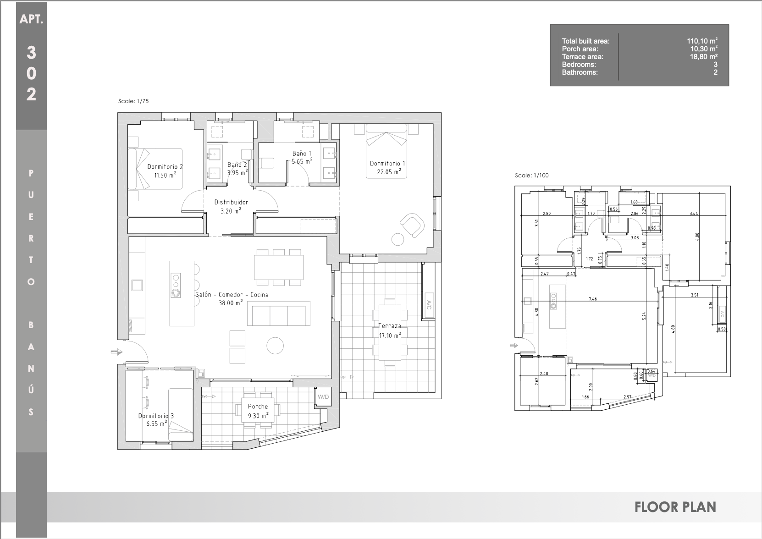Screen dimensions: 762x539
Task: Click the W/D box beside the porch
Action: [x=323, y=397]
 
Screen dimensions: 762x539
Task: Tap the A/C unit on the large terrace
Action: [x=429, y=305]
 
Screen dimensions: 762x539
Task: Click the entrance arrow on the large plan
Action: [x=116, y=352]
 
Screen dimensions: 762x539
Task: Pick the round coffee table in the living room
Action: [x=275, y=346]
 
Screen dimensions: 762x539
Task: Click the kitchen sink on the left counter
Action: [x=137, y=285]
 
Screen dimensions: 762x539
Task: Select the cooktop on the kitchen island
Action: [x=176, y=285]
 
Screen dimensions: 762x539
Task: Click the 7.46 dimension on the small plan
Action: [x=593, y=299]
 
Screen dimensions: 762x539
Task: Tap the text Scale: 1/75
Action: [x=133, y=101]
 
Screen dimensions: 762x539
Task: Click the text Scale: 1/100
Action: [x=532, y=176]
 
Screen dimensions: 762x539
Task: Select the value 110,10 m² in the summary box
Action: [x=702, y=41]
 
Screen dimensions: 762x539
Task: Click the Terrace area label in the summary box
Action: [x=582, y=57]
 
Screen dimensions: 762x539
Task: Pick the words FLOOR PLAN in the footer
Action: [x=675, y=507]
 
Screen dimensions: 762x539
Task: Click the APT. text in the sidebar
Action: [x=31, y=19]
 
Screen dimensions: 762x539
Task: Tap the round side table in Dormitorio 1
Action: [x=398, y=239]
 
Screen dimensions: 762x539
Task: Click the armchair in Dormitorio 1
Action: [x=412, y=225]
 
